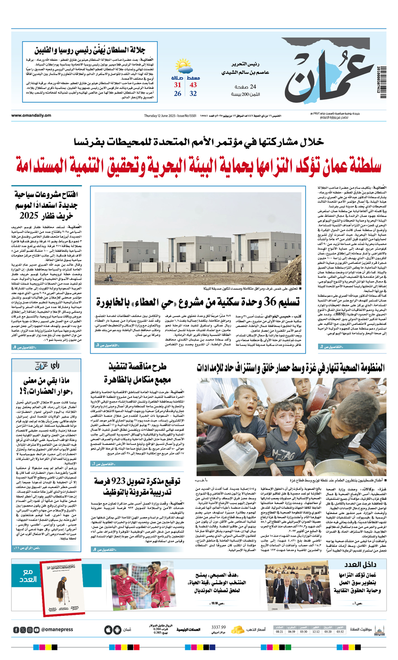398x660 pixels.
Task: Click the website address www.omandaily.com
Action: (x=31, y=116)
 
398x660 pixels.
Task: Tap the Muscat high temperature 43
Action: (x=193, y=85)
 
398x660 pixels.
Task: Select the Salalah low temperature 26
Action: (x=177, y=94)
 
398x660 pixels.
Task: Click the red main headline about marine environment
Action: (x=199, y=165)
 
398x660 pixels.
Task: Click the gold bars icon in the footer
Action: (x=238, y=629)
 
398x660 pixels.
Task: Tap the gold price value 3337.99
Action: (x=219, y=627)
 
